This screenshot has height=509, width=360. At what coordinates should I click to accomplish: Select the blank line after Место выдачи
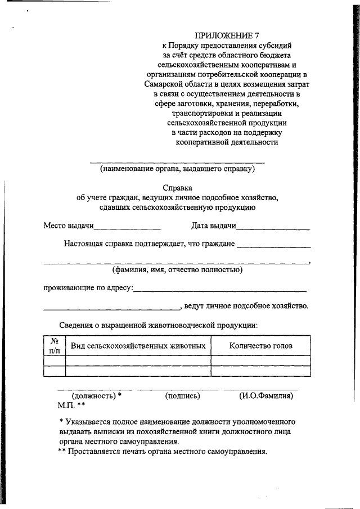pyautogui.click(x=128, y=228)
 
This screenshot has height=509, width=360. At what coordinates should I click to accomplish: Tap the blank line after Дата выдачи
pyautogui.click(x=273, y=228)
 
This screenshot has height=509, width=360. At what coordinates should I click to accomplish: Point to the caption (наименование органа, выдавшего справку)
pyautogui.click(x=178, y=168)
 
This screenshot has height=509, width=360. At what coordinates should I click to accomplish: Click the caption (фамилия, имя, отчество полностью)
pyautogui.click(x=177, y=269)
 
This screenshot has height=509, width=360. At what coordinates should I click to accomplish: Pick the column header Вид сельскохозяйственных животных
pyautogui.click(x=138, y=345)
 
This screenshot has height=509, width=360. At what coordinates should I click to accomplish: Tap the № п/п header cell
pyautogui.click(x=55, y=345)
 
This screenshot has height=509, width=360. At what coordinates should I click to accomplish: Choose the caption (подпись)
pyautogui.click(x=183, y=396)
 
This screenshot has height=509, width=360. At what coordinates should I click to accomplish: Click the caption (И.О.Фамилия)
pyautogui.click(x=266, y=396)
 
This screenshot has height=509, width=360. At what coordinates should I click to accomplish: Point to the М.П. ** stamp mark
pyautogui.click(x=71, y=405)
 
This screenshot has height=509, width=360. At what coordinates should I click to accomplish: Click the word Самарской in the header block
pyautogui.click(x=161, y=83)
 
